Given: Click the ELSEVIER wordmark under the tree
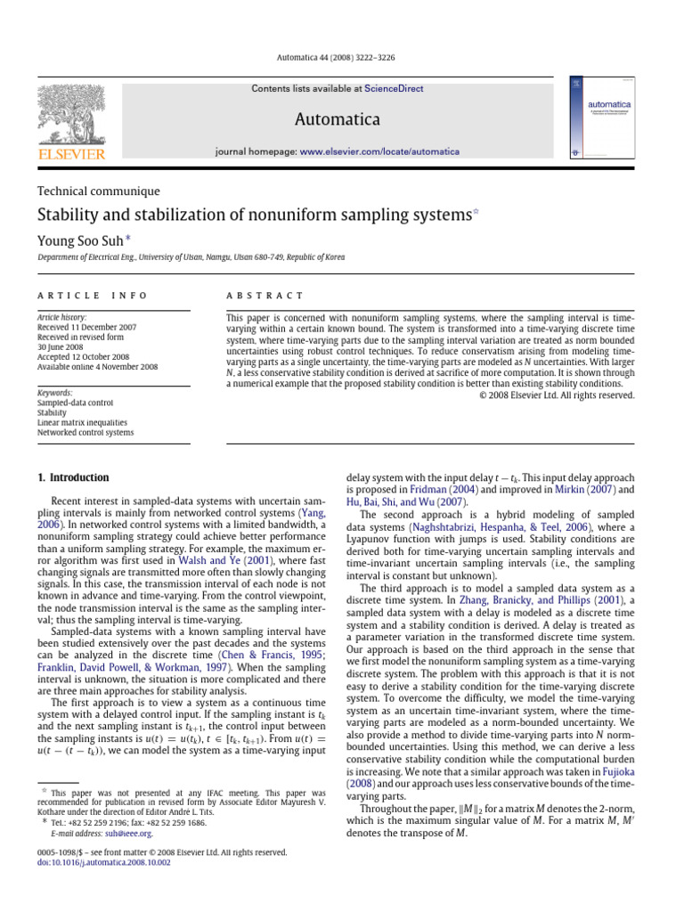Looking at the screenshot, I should coord(70,154).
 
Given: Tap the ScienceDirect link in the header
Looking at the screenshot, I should coord(393,89).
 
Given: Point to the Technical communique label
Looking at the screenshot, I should coord(98,191).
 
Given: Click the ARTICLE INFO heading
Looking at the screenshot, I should coord(92,295).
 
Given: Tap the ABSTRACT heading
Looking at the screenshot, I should coord(265,295).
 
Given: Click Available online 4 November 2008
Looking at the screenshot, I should coord(97,366).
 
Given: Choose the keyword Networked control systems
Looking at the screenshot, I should coord(85,433).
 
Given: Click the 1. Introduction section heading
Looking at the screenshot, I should coord(73,477).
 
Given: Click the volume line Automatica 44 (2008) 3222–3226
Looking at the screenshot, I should coord(341,57).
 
